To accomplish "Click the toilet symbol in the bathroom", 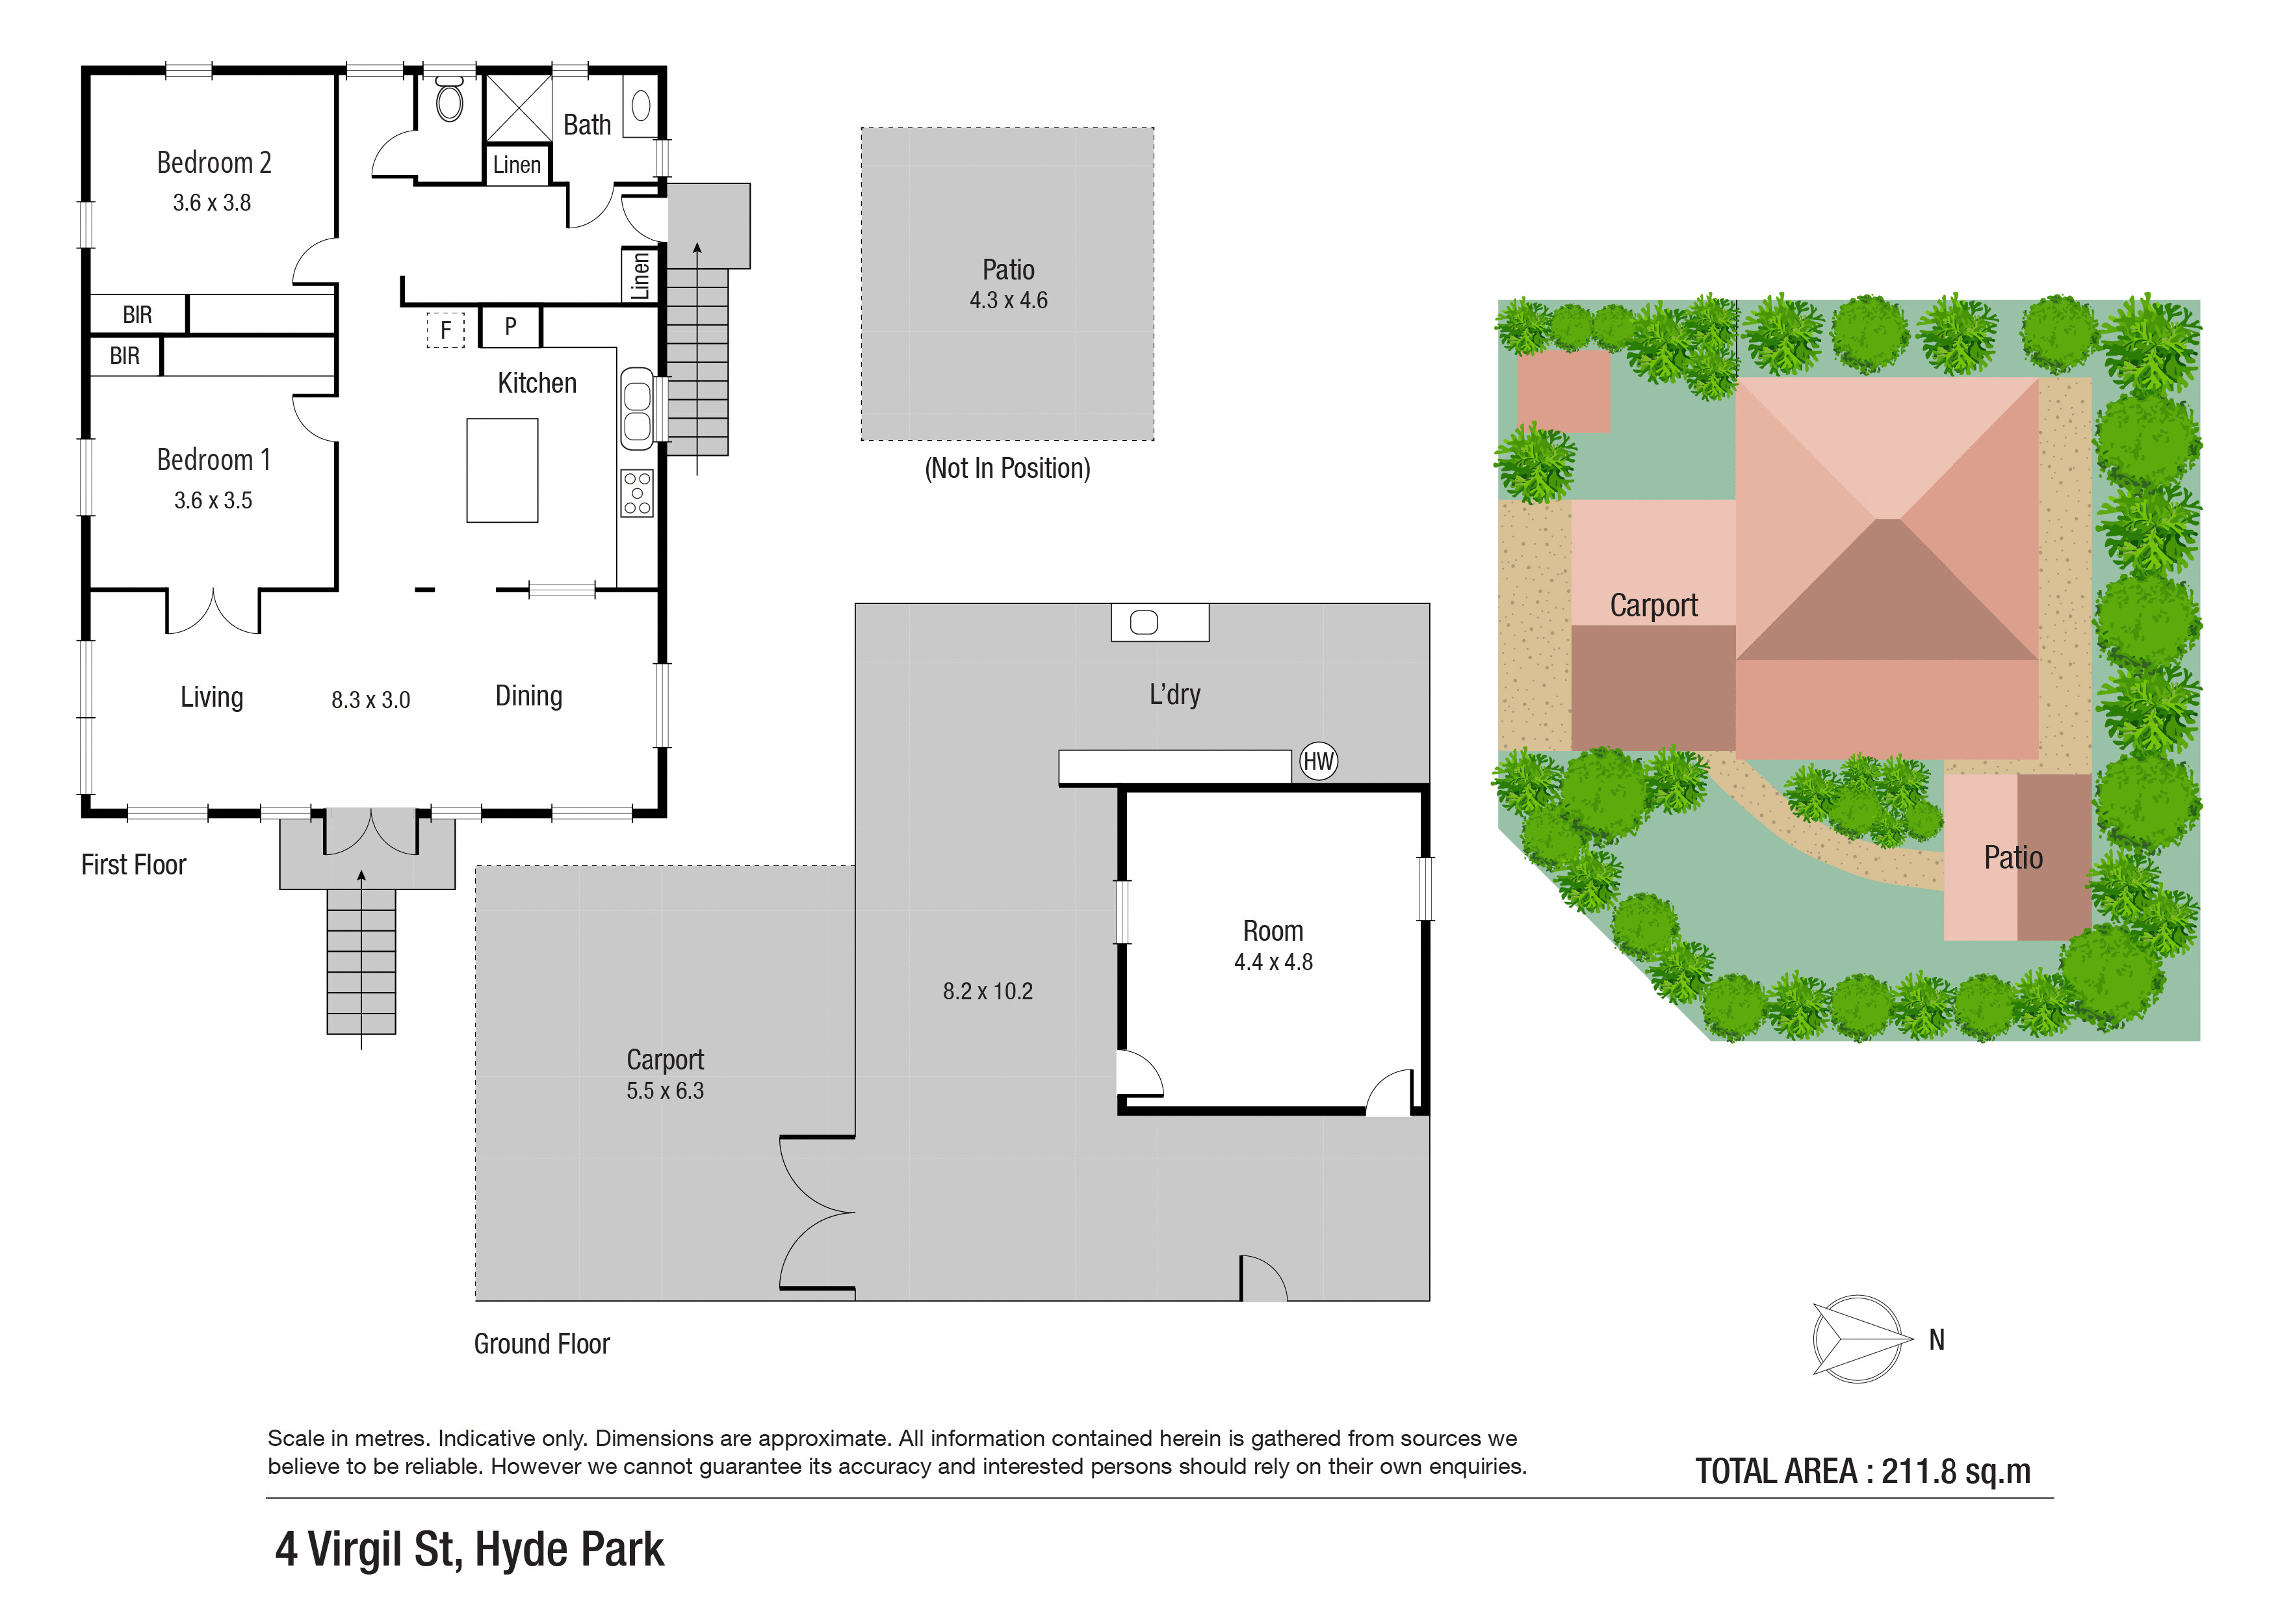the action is point(450,99).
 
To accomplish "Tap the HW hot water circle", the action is point(1319,762).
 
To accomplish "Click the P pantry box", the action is point(510,327).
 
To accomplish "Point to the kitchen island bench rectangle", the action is point(502,470).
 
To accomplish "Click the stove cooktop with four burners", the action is point(638,493).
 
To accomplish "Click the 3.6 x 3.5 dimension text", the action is point(213,501).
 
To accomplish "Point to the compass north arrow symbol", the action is point(1859,1339).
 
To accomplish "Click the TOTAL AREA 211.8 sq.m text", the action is point(1863,1471).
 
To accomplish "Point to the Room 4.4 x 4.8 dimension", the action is point(1274,962).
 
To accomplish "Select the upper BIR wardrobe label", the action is point(137,315).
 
